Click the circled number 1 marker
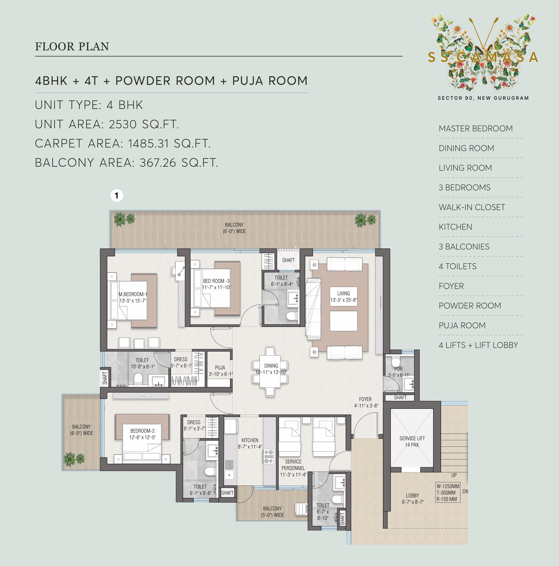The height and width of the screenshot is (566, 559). click(x=117, y=195)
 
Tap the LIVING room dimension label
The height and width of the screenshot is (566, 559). click(x=343, y=296)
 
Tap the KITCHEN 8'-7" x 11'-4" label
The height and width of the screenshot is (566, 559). click(x=250, y=443)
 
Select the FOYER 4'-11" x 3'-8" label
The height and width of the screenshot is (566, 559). click(x=366, y=402)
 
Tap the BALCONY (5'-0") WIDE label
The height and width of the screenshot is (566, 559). click(x=272, y=511)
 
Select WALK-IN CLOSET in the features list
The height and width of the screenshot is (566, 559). click(x=472, y=207)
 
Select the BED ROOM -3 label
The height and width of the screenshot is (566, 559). click(x=216, y=284)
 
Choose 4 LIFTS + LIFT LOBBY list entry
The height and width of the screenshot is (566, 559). click(x=478, y=345)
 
